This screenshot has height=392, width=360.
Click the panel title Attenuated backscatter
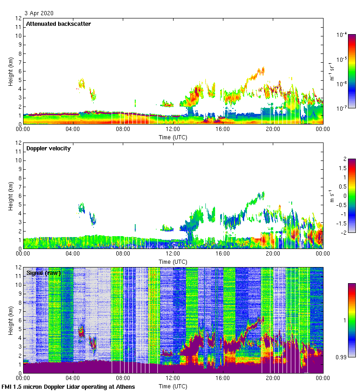[x=58, y=24]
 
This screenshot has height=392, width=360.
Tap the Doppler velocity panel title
[x=48, y=148]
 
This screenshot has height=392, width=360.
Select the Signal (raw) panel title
[x=44, y=273]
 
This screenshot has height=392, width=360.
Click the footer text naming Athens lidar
[x=68, y=386]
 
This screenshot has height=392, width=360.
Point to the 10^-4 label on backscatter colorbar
[x=342, y=35]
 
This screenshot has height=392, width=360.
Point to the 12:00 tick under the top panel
[x=173, y=129]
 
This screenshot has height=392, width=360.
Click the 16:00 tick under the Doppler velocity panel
[x=222, y=254]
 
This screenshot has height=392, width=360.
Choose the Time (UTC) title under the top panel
[x=173, y=137]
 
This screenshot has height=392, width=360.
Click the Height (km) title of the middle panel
[x=11, y=196]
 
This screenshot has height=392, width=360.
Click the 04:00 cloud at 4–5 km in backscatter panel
[x=82, y=83]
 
